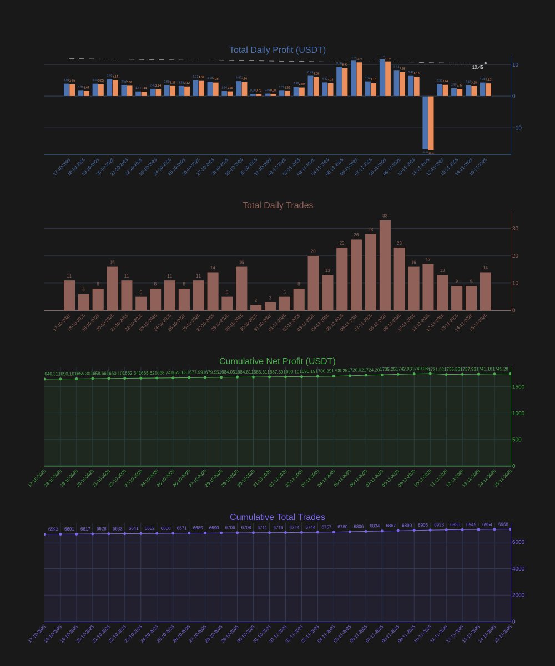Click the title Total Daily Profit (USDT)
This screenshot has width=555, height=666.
(277, 50)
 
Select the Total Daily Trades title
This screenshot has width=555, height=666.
(277, 205)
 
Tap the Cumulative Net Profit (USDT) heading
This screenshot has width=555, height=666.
(277, 361)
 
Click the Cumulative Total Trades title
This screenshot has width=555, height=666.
(277, 517)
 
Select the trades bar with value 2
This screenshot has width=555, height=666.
(255, 307)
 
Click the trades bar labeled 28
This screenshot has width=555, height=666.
(370, 272)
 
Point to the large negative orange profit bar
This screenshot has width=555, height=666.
(431, 123)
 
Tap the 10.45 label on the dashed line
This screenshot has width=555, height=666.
(477, 67)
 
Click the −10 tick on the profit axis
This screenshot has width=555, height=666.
(517, 128)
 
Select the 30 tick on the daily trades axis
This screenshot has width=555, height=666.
(515, 229)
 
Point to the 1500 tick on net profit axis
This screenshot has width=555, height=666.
(518, 387)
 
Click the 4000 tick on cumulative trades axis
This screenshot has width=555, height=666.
(518, 569)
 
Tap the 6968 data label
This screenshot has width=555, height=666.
(503, 524)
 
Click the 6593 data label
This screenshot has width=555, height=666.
(53, 529)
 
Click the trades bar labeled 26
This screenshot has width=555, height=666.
(356, 275)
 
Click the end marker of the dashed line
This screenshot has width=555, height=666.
(485, 63)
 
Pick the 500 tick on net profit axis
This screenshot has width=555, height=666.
(517, 440)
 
